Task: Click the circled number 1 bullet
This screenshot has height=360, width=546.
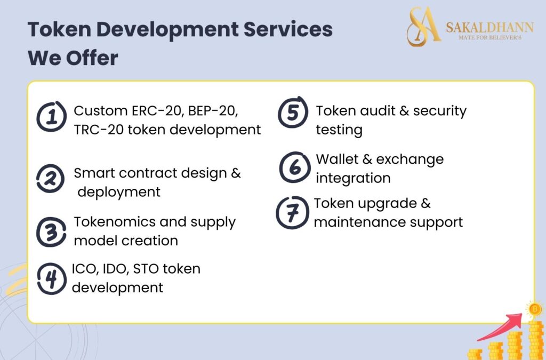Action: pos(52,117)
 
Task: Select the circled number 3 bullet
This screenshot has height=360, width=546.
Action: pos(52,231)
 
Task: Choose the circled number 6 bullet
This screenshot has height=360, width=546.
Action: pos(294,166)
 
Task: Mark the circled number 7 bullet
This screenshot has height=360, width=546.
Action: pos(292,212)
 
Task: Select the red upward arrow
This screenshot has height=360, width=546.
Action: pos(501,326)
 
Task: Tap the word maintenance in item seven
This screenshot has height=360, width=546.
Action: pos(359,221)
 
